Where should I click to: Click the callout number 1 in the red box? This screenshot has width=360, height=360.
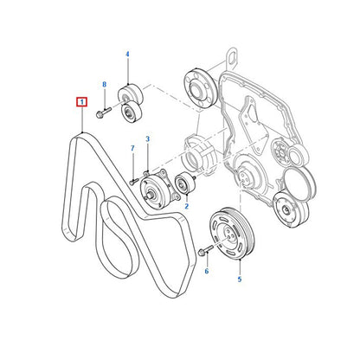(82, 102)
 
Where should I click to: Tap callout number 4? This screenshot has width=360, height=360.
(127, 54)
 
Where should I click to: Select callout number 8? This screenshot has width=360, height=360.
(104, 84)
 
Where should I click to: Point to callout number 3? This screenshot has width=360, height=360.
(147, 139)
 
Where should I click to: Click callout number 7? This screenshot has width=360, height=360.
(132, 148)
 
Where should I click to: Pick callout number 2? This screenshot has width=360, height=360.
(187, 206)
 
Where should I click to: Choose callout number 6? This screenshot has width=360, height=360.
(207, 271)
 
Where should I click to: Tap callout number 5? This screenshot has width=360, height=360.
(240, 280)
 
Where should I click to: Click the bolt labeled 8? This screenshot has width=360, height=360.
(103, 112)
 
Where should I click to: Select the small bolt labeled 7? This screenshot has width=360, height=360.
(134, 182)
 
